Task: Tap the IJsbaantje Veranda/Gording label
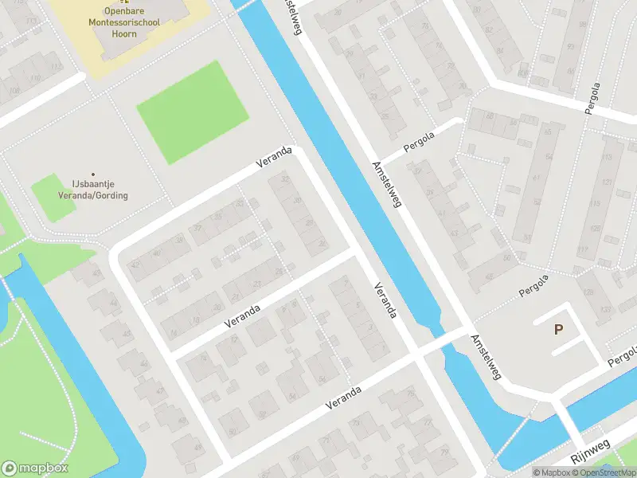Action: pyautogui.click(x=92, y=190)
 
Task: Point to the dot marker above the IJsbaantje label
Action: pyautogui.click(x=93, y=174)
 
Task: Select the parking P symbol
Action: pyautogui.click(x=558, y=329)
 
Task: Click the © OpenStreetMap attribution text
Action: pyautogui.click(x=603, y=472)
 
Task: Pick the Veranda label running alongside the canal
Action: pyautogui.click(x=385, y=300)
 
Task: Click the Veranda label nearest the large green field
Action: pyautogui.click(x=274, y=156)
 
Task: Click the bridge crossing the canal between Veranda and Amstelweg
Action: pyautogui.click(x=436, y=341)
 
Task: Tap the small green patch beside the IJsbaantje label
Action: pyautogui.click(x=53, y=198)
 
